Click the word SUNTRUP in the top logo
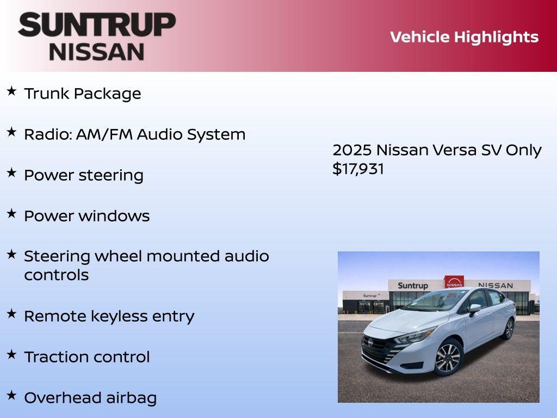pyautogui.click(x=97, y=25)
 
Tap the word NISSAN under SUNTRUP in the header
pyautogui.click(x=97, y=52)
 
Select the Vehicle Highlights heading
pyautogui.click(x=464, y=37)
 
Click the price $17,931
pyautogui.click(x=358, y=169)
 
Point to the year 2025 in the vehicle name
pyautogui.click(x=352, y=150)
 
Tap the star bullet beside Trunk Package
pyautogui.click(x=11, y=91)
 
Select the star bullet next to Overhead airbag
pyautogui.click(x=11, y=395)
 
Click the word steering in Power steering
pyautogui.click(x=111, y=176)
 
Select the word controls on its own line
pyautogui.click(x=56, y=275)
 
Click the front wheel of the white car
pyautogui.click(x=448, y=358)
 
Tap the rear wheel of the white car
pyautogui.click(x=509, y=329)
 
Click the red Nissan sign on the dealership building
pyautogui.click(x=454, y=281)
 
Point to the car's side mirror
pyautogui.click(x=475, y=309)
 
